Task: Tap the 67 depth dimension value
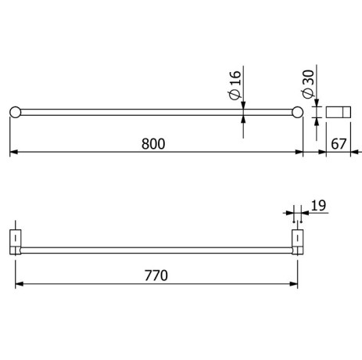click(338, 143)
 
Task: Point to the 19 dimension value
click(317, 206)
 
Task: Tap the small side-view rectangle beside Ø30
click(338, 111)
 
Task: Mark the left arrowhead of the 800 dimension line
click(13, 153)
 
